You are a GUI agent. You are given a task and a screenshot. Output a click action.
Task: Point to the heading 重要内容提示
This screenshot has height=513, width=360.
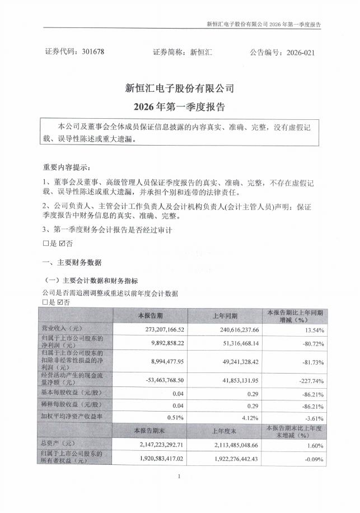[66, 167]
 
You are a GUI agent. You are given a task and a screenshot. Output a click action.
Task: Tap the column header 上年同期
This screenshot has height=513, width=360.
[225, 315]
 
